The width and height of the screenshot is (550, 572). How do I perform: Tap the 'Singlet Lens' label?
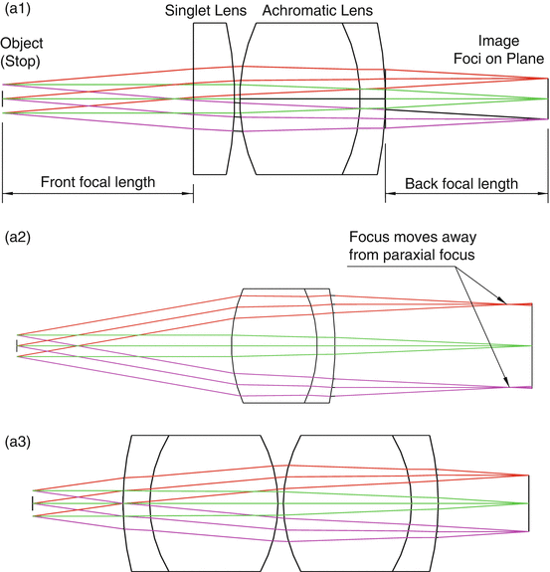[205, 10]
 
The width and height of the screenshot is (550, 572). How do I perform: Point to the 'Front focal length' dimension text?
[97, 183]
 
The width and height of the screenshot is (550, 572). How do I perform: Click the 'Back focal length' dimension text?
[461, 183]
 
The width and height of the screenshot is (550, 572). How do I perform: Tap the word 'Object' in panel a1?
[22, 43]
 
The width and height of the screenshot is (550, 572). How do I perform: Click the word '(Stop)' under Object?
[22, 61]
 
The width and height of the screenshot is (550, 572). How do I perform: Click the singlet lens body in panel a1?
[213, 99]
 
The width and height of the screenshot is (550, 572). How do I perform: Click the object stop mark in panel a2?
[17, 345]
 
